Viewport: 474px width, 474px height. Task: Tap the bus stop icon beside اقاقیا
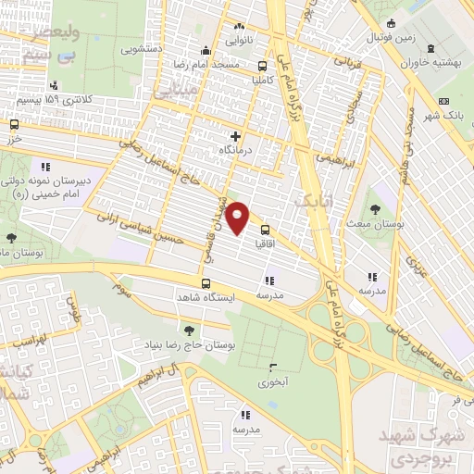pyautogui.click(x=265, y=230)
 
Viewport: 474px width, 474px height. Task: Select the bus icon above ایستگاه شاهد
pyautogui.click(x=206, y=284)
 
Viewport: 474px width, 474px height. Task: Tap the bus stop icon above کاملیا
pyautogui.click(x=263, y=66)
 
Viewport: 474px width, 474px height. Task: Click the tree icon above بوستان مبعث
pyautogui.click(x=374, y=209)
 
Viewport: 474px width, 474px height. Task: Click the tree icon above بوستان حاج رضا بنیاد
pyautogui.click(x=189, y=330)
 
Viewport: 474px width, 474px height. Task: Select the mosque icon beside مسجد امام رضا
pyautogui.click(x=206, y=51)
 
